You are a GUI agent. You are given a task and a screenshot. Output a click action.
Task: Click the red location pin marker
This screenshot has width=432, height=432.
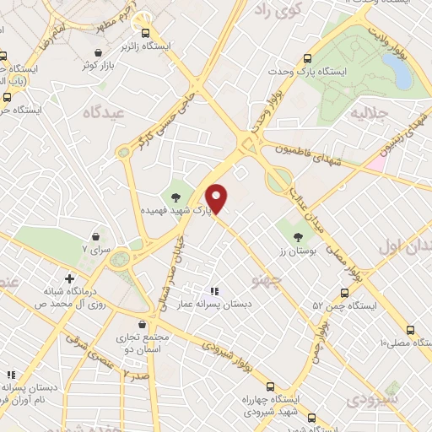218,197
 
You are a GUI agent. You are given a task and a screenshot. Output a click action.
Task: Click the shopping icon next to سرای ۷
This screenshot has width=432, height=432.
95,237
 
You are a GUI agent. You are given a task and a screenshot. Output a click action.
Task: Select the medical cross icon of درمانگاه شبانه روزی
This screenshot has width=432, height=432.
69,278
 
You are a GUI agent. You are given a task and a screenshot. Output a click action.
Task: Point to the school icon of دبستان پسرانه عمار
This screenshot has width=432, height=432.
213,291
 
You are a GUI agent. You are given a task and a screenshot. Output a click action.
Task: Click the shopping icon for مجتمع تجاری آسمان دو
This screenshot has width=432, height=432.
141,323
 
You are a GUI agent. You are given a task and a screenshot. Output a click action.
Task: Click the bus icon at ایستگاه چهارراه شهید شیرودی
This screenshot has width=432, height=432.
311,417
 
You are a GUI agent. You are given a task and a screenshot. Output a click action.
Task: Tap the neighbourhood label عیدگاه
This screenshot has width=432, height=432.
105,111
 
